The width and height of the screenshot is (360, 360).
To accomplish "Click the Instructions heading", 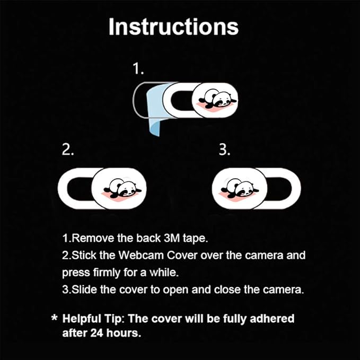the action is [173, 27].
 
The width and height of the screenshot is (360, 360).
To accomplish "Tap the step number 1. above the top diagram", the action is [138, 68].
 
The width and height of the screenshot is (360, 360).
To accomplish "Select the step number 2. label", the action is [68, 150].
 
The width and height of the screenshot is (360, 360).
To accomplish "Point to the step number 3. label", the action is [225, 150].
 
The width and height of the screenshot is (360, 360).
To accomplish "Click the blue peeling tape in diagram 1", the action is [156, 108].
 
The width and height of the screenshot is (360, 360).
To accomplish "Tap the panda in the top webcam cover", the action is [218, 100].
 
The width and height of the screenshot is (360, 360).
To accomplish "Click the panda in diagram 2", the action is [122, 188].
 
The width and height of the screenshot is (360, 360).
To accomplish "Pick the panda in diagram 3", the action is [240, 188].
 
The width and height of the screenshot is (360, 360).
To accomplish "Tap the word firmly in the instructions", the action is [107, 273].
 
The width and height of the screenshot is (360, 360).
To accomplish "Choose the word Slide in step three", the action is [84, 289].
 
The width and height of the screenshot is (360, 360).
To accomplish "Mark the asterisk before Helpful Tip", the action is [55, 318].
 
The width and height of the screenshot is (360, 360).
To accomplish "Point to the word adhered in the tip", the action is [272, 319].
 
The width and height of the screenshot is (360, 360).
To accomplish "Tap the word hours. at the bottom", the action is [124, 333].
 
